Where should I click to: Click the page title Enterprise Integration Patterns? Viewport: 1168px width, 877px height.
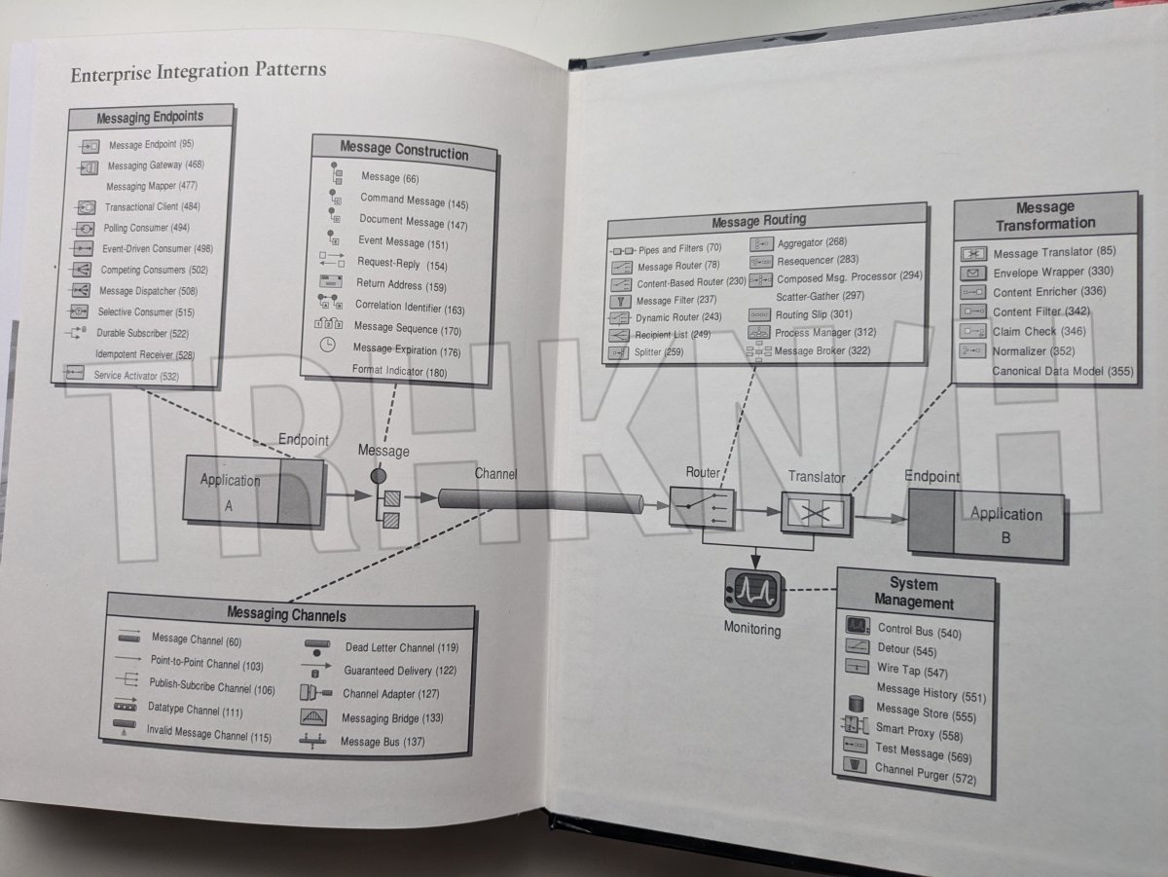tap(199, 70)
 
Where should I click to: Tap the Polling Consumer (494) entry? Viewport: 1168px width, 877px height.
tap(146, 228)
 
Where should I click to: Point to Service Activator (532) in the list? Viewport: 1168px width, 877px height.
tap(135, 375)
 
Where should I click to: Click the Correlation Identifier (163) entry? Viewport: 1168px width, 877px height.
tap(410, 308)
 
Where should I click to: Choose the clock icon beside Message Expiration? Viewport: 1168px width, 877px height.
tap(328, 346)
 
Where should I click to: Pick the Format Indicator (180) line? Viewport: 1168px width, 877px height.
tap(399, 371)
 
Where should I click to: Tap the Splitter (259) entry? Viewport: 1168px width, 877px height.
tap(659, 351)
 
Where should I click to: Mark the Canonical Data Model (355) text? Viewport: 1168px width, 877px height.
tap(1062, 371)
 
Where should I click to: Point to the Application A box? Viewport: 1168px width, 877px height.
tap(231, 490)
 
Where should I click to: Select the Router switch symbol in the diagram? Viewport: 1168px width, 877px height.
tap(702, 507)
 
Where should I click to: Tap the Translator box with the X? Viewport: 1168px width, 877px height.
tap(817, 511)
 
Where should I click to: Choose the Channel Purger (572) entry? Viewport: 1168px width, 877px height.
tap(924, 773)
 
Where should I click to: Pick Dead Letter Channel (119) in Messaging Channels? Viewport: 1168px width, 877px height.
tap(401, 647)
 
